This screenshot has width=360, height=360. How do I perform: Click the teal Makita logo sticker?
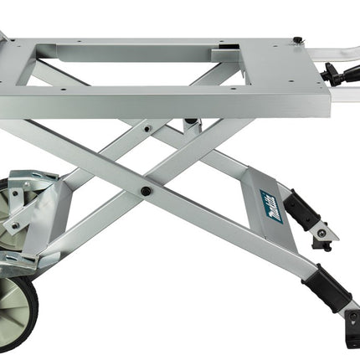click(x=271, y=207)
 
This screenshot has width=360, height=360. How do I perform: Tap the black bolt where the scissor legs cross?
click(x=145, y=191)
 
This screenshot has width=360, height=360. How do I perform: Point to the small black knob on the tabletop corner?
click(x=297, y=39)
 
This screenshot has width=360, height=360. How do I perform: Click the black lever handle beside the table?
click(x=340, y=72)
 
